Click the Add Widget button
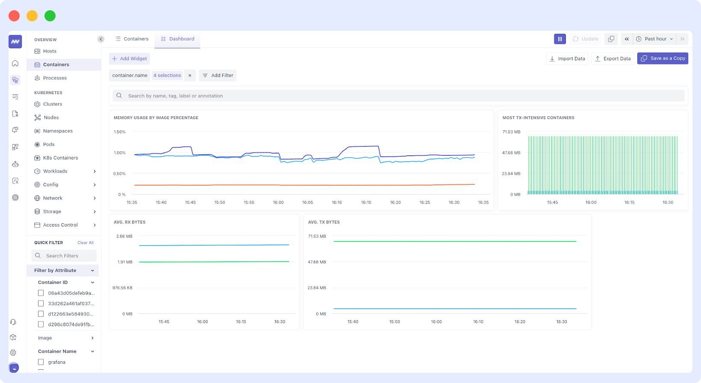point(130,59)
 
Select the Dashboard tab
point(177,39)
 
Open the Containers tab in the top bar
point(132,39)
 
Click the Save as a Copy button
point(663,59)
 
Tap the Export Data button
point(613,59)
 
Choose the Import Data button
point(567,59)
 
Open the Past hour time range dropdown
point(655,39)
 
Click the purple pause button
point(560,39)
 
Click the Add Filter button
point(218,75)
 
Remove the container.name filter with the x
point(190,75)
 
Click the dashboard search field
point(398,96)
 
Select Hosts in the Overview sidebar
point(50,51)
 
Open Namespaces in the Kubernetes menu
point(58,131)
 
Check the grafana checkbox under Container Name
point(41,362)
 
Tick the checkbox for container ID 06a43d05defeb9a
point(41,293)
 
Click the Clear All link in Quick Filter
point(85,243)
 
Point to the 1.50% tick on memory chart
point(120,132)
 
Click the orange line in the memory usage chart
point(299,185)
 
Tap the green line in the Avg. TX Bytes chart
point(453,242)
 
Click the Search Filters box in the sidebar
point(64,256)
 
